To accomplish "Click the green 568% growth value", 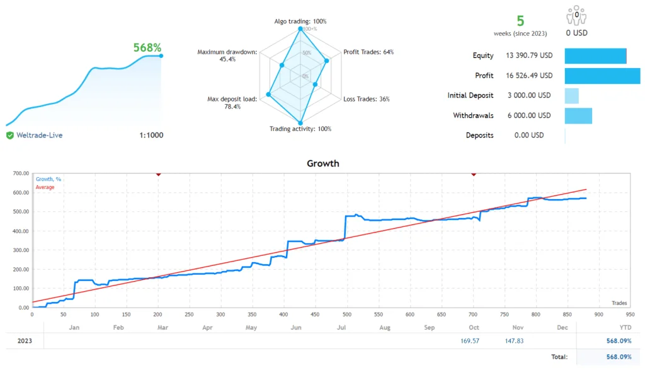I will pyautogui.click(x=147, y=48).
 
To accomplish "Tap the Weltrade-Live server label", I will pyautogui.click(x=39, y=135).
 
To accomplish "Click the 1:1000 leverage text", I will pyautogui.click(x=151, y=135).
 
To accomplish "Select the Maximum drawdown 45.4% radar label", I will pyautogui.click(x=227, y=55).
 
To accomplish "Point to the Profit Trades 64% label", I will pyautogui.click(x=368, y=52).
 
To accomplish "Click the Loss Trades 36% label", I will pyautogui.click(x=367, y=99).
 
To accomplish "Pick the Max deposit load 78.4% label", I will pyautogui.click(x=232, y=103).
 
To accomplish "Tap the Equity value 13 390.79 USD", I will pyautogui.click(x=528, y=55).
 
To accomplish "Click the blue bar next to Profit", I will pyautogui.click(x=602, y=76).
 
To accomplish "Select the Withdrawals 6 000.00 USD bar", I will pyautogui.click(x=578, y=115).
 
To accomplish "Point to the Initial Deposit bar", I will pyautogui.click(x=571, y=96).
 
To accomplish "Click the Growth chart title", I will pyautogui.click(x=322, y=163).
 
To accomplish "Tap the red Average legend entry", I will pyautogui.click(x=45, y=187).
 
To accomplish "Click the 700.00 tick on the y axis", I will pyautogui.click(x=20, y=173).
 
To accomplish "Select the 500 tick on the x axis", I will pyautogui.click(x=346, y=314).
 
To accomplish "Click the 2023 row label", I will pyautogui.click(x=24, y=341).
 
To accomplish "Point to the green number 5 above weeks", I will pyautogui.click(x=520, y=21).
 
